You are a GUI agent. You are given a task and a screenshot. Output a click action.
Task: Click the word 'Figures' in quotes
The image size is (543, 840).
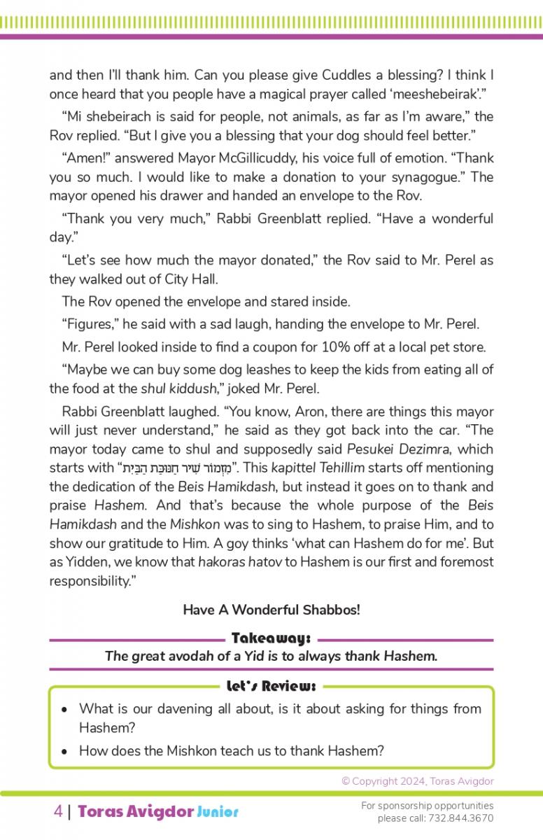(x=87, y=324)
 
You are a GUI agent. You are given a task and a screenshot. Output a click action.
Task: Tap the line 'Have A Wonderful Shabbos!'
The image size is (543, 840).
(x=271, y=610)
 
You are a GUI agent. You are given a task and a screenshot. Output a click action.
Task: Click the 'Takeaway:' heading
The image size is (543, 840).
(x=271, y=638)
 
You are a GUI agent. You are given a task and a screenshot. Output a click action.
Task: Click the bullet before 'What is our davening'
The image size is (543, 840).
(x=64, y=709)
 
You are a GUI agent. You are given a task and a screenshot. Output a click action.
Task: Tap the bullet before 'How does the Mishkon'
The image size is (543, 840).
(x=64, y=752)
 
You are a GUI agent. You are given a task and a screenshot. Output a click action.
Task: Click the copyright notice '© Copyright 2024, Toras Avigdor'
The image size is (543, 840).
(x=417, y=781)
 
